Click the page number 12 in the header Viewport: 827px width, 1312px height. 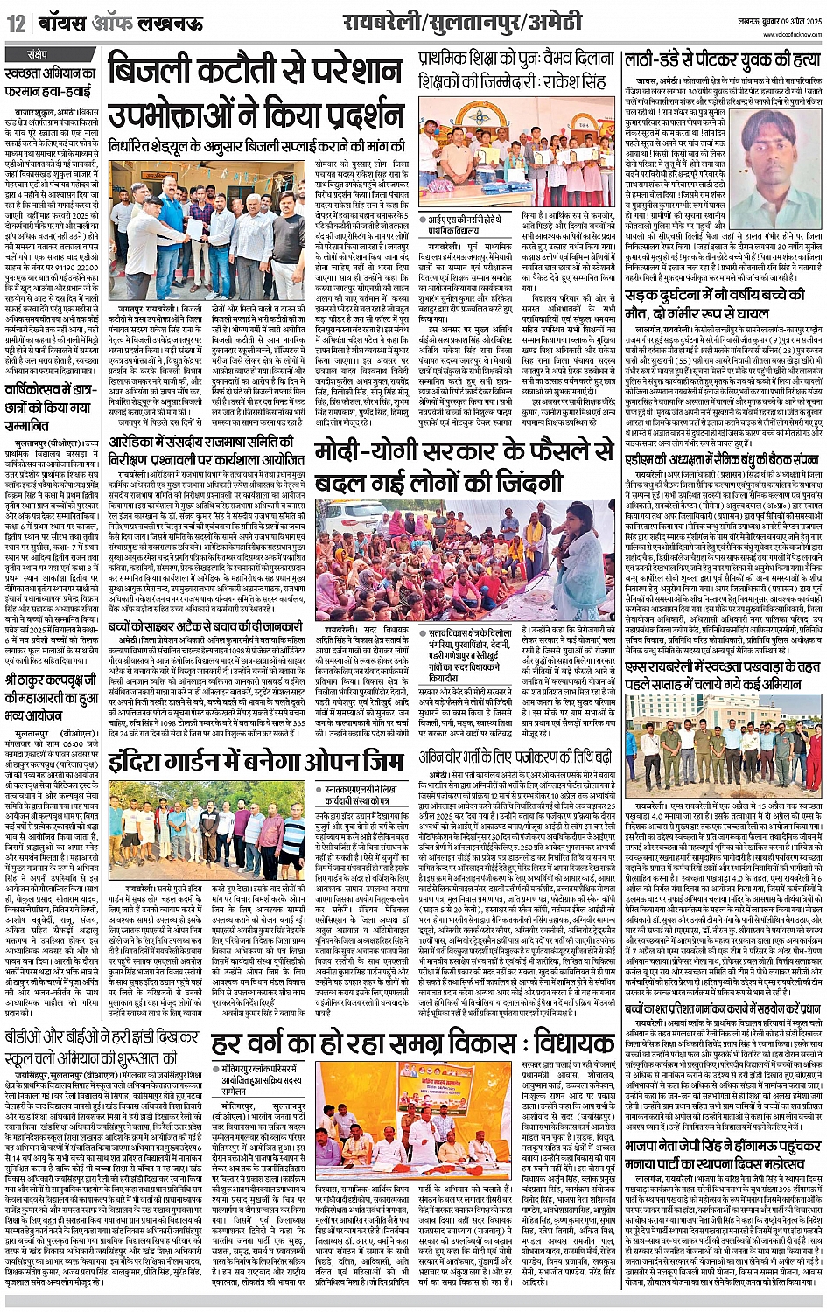(x=16, y=24)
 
